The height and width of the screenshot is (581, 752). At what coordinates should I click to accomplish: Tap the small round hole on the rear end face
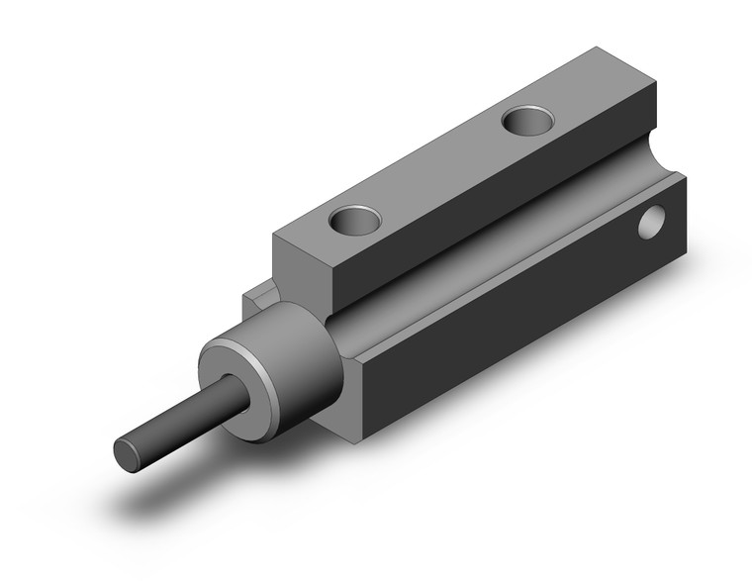[x=652, y=223]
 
